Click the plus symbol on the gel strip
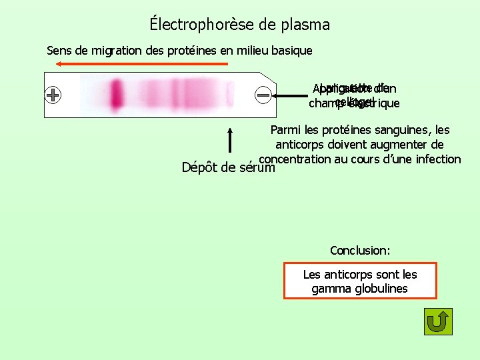point(53,95)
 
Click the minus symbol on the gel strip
point(263,95)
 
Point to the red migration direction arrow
point(141,64)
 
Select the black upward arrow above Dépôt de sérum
point(229,141)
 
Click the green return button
point(438,321)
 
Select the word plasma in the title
point(303,25)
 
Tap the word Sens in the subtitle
point(59,50)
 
